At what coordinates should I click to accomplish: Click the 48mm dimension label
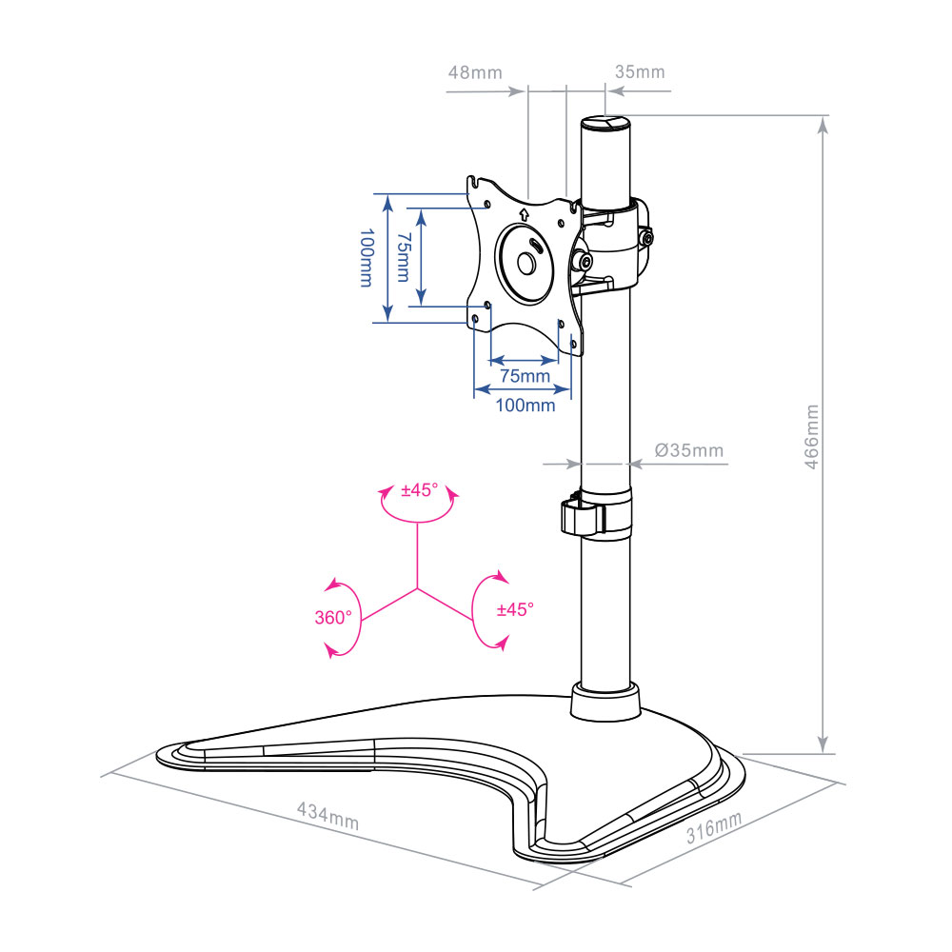tap(475, 73)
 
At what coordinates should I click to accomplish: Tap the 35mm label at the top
tap(640, 71)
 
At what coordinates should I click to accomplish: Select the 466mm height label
tap(811, 437)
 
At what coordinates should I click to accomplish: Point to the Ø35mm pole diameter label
tap(689, 450)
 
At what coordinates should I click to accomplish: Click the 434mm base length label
tap(327, 816)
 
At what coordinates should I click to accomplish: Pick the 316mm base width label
tap(714, 827)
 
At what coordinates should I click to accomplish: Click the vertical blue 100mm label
tap(367, 257)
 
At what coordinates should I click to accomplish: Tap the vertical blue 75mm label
tap(403, 257)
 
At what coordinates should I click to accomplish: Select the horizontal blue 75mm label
tap(526, 376)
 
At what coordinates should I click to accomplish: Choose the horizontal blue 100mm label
tap(526, 405)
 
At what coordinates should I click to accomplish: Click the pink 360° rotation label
tap(332, 618)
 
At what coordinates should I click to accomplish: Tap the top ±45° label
tap(420, 490)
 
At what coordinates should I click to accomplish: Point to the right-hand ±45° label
tap(515, 609)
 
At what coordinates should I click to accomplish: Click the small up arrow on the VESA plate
tap(525, 213)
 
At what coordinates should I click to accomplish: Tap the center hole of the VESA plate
tap(526, 264)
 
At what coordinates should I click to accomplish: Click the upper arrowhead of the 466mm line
tap(823, 125)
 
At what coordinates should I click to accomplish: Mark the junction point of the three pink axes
tap(417, 588)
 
